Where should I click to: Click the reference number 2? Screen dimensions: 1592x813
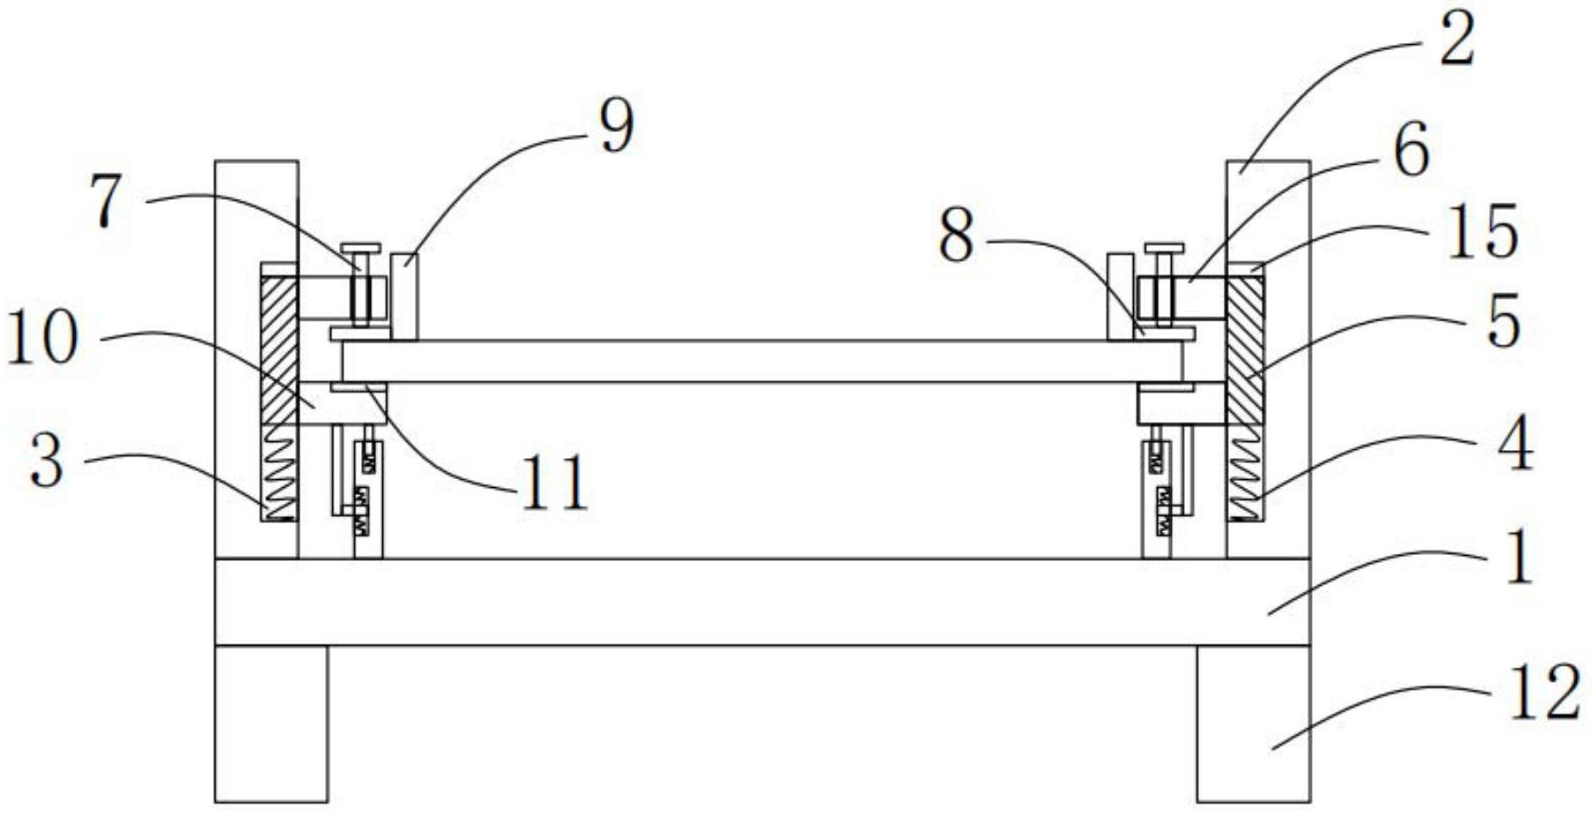pyautogui.click(x=1455, y=41)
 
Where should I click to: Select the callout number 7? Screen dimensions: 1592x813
pyautogui.click(x=107, y=202)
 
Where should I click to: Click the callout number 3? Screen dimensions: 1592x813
pyautogui.click(x=47, y=462)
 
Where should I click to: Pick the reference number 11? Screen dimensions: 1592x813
pyautogui.click(x=554, y=484)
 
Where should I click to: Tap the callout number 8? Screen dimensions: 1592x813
pyautogui.click(x=957, y=237)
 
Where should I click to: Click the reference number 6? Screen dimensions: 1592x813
pyautogui.click(x=1411, y=151)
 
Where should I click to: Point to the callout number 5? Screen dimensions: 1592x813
pyautogui.click(x=1503, y=322)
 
